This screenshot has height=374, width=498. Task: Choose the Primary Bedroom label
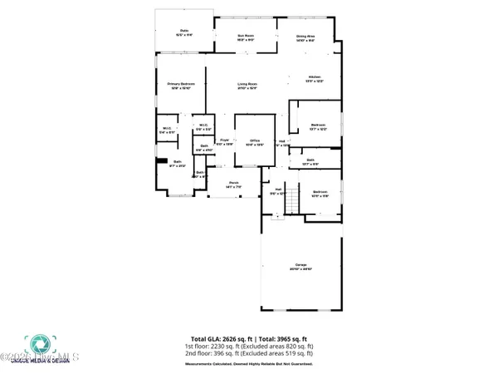[x=179, y=85]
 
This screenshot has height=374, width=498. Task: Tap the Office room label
[x=251, y=142]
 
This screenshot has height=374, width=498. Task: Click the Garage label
[x=300, y=265]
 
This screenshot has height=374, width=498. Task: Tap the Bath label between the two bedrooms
[x=310, y=161]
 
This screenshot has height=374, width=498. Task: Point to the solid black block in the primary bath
[x=164, y=161]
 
